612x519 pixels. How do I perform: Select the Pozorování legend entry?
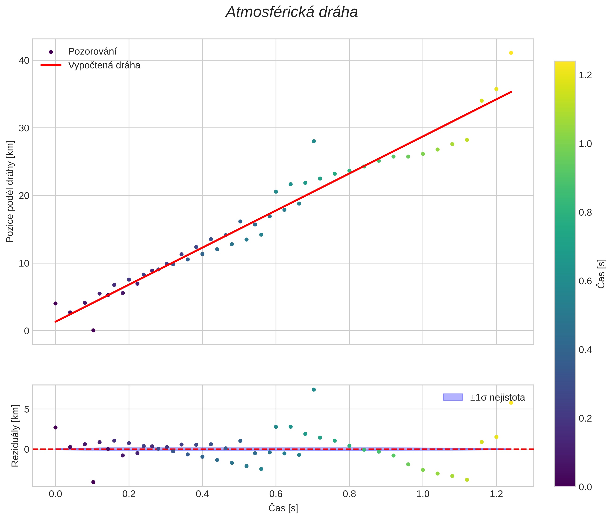pyautogui.click(x=92, y=52)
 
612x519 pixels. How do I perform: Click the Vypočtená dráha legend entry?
pyautogui.click(x=104, y=65)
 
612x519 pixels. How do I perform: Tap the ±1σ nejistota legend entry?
pyautogui.click(x=497, y=398)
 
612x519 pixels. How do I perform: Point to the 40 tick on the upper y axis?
pyautogui.click(x=24, y=61)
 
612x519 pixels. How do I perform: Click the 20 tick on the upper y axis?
pyautogui.click(x=24, y=196)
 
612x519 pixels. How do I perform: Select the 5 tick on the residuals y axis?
pyautogui.click(x=27, y=409)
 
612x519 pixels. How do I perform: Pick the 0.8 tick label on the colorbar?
pyautogui.click(x=585, y=212)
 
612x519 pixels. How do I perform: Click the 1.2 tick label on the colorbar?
pyautogui.click(x=585, y=75)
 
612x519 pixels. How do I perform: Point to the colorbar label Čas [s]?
pyautogui.click(x=602, y=274)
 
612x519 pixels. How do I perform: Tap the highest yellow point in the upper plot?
pyautogui.click(x=511, y=53)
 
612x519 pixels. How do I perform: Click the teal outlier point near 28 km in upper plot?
pyautogui.click(x=314, y=141)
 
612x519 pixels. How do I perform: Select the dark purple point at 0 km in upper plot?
pyautogui.click(x=93, y=330)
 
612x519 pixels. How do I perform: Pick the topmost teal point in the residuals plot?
pyautogui.click(x=314, y=390)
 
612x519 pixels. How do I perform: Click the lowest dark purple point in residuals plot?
pyautogui.click(x=93, y=482)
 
